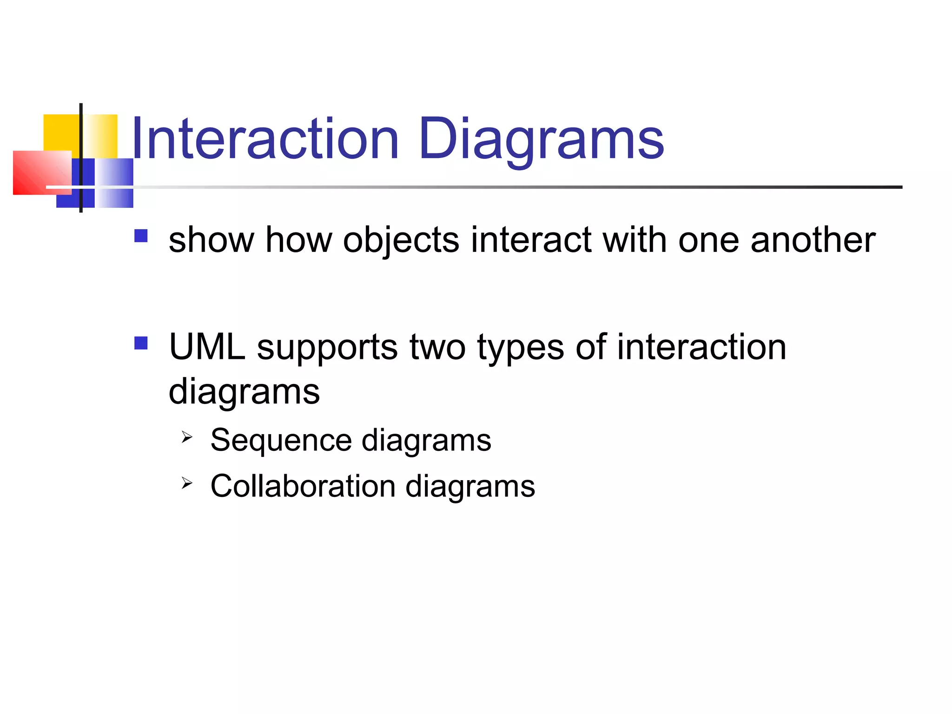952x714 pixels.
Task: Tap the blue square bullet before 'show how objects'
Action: pos(141,236)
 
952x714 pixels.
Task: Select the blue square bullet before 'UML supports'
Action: pos(141,343)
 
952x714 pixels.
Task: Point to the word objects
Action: pos(401,241)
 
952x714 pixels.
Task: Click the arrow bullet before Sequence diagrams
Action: pos(187,437)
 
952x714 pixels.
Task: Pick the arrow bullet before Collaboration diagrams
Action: pos(187,483)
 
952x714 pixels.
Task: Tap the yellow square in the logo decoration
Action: pos(63,132)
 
